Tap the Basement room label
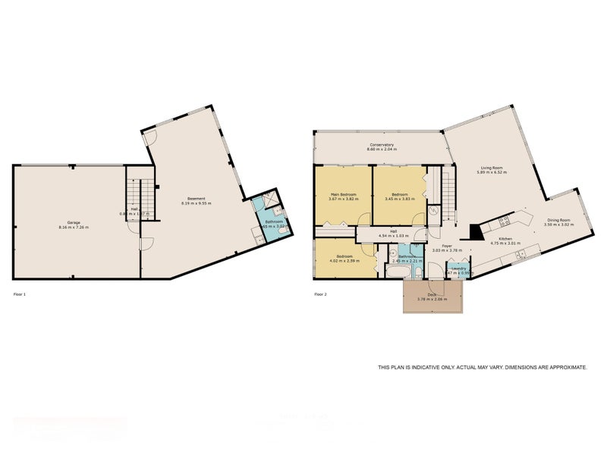(197, 199)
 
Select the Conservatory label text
(381, 145)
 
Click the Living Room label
(492, 168)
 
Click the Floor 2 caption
(321, 293)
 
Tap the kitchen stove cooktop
(502, 221)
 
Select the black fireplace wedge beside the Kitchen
(474, 231)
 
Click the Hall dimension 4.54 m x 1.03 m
(394, 235)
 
